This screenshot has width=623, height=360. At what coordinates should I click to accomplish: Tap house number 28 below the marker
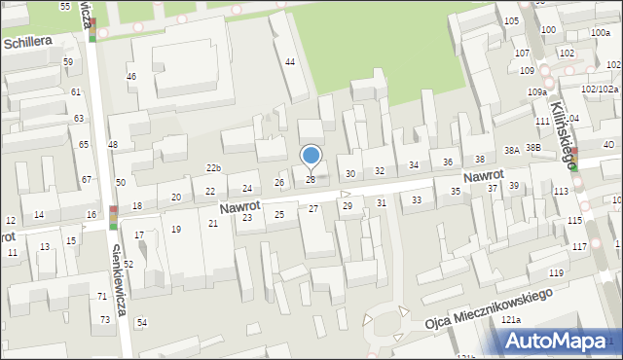pos(311,179)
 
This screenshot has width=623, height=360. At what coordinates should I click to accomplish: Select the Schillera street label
pos(33,44)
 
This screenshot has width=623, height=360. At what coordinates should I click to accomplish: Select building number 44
pos(289,62)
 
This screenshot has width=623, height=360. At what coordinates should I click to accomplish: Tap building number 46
pos(131,76)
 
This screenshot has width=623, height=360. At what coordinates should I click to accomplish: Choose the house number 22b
pos(213,168)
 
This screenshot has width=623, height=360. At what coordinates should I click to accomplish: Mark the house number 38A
pos(510,150)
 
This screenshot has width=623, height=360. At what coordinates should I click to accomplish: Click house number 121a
pos(511,320)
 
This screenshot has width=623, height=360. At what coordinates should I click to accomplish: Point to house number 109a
pos(537,91)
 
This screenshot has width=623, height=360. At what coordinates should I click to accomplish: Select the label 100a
pos(601,33)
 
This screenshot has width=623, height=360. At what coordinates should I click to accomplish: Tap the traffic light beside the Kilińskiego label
pos(575,159)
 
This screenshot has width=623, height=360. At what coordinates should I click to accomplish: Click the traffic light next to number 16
pos(114,217)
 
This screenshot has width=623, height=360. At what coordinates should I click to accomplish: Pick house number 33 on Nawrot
pos(417,199)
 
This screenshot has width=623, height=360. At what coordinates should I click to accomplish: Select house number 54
pos(141,322)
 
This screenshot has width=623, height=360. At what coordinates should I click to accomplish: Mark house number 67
pos(87,179)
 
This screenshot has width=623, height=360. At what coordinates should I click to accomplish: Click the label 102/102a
pos(600,89)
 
